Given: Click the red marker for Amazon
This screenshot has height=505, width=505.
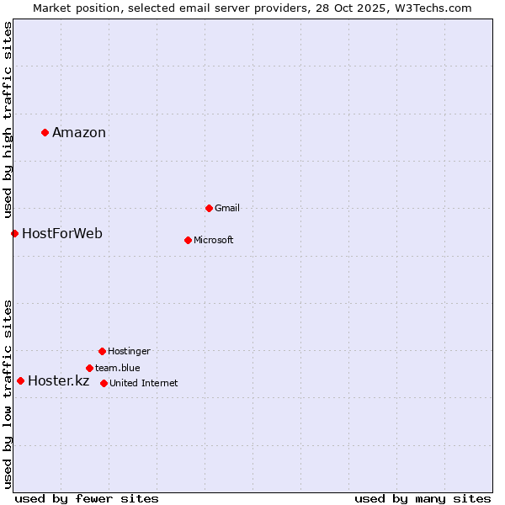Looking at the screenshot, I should [45, 132].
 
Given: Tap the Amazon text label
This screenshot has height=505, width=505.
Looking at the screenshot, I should [79, 132].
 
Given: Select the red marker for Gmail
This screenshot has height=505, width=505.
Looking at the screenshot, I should [209, 208].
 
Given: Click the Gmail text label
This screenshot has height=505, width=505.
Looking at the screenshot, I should [227, 208].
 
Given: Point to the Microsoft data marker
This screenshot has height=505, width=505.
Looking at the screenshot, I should [188, 240].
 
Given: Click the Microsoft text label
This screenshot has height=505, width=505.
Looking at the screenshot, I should [214, 240].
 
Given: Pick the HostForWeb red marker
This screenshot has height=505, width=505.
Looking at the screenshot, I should [14, 233].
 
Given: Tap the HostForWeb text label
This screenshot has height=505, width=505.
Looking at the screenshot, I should [62, 233].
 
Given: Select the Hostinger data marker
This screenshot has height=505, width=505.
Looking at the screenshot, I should [102, 351].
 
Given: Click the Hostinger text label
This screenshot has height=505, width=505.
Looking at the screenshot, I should [129, 351].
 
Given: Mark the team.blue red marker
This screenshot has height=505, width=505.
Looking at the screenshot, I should [89, 368].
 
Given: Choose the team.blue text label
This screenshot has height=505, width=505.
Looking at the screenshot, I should [118, 368].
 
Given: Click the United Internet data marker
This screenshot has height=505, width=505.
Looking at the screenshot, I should [104, 383].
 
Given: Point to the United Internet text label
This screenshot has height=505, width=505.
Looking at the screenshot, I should [144, 383].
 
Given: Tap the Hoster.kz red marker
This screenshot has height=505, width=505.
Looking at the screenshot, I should [20, 380].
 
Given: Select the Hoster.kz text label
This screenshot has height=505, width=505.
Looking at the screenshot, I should [59, 380].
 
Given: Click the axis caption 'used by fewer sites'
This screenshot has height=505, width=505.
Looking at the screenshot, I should [87, 498].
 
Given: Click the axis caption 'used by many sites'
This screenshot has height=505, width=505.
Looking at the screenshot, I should [423, 498].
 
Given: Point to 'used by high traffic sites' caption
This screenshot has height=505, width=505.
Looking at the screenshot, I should [8, 120].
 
